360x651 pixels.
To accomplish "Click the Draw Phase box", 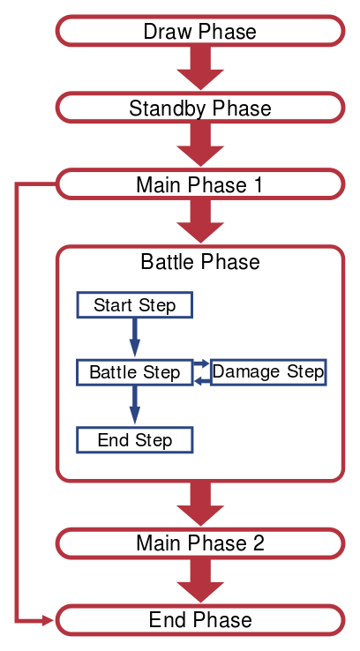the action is [x=200, y=31].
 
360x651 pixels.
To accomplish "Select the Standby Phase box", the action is [x=200, y=108].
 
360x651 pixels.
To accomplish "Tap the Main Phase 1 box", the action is [x=200, y=184].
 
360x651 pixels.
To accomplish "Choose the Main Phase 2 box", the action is [x=200, y=543].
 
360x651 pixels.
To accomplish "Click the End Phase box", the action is [x=200, y=620].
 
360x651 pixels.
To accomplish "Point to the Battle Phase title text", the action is [x=200, y=262].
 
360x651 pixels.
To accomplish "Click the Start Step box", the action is [x=134, y=304].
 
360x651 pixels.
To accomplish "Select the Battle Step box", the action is [x=134, y=372].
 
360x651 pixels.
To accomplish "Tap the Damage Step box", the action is [x=268, y=372].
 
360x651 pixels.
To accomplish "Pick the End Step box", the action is [x=134, y=439].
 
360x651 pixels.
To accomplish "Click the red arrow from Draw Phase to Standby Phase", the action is [x=200, y=68].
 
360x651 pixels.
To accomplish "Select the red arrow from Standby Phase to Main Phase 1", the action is [x=200, y=145].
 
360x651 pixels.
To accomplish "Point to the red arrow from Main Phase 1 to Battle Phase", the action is [x=200, y=221].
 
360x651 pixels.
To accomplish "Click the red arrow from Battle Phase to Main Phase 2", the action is [x=200, y=504].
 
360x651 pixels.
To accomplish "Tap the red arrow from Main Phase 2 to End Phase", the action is [x=200, y=580].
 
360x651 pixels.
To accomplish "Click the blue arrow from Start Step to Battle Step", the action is [x=134, y=337].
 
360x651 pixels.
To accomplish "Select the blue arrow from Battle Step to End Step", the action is [x=134, y=405].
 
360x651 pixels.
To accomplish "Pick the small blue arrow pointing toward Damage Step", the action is [x=201, y=363].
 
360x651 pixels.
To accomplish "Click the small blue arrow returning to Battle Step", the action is [x=201, y=381].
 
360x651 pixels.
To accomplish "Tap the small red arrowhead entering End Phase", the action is [x=49, y=621].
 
